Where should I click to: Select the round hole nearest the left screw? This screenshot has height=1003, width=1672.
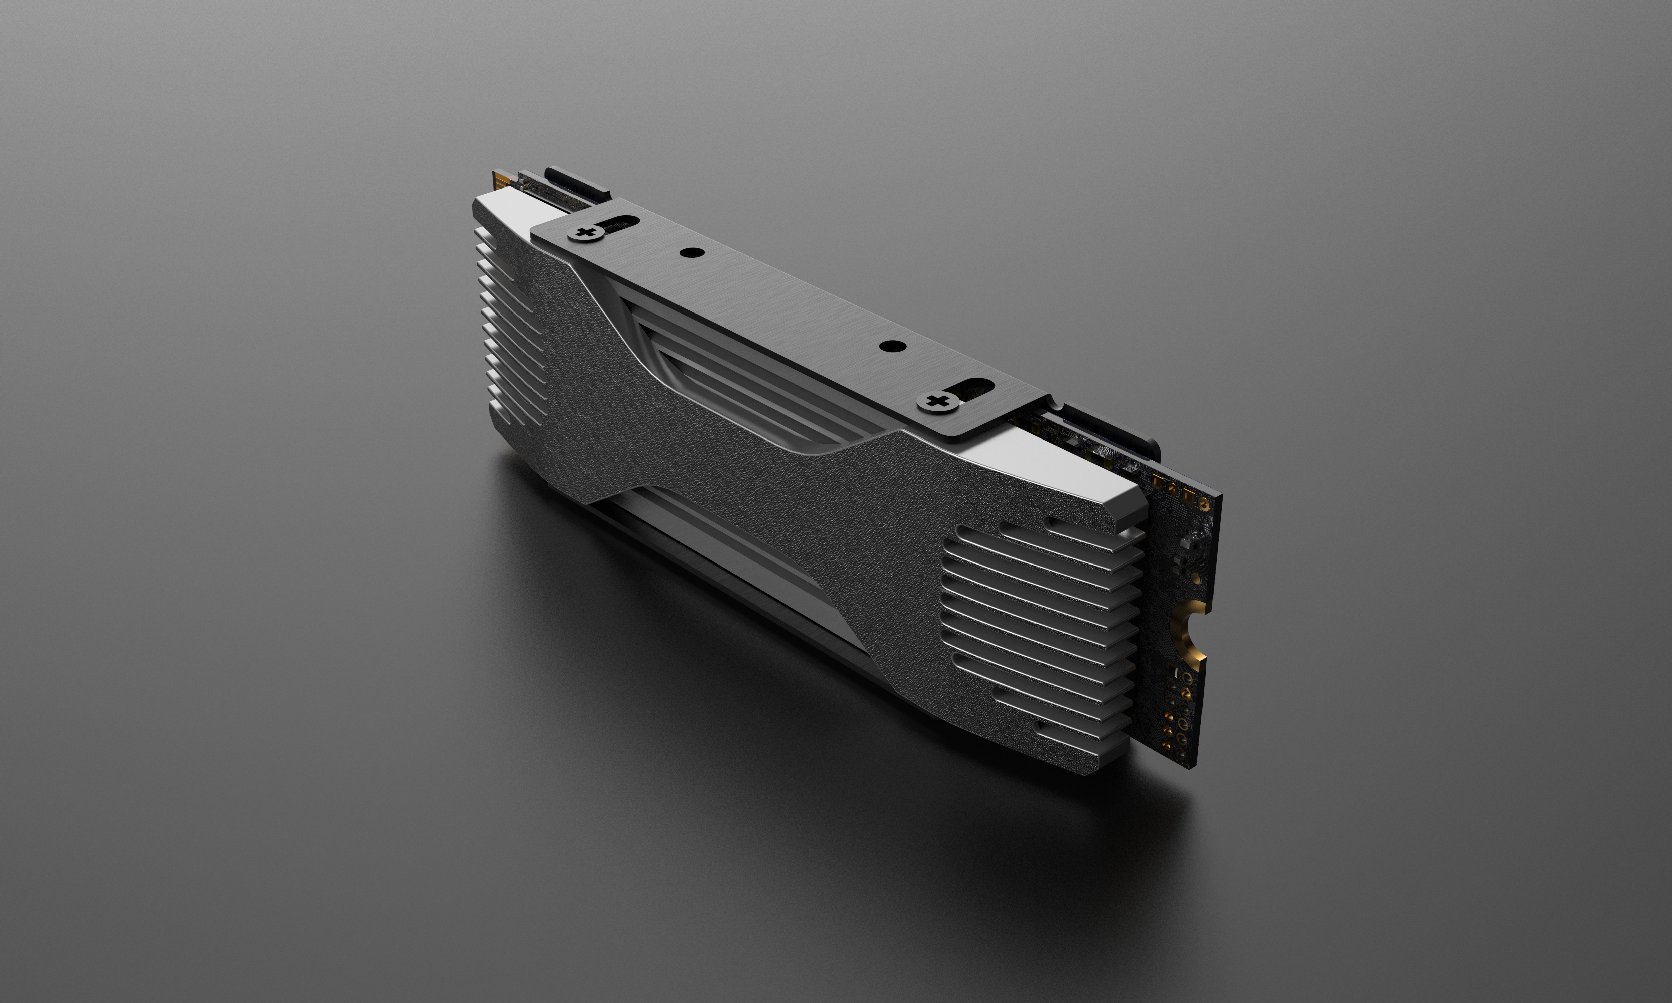point(691,253)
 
